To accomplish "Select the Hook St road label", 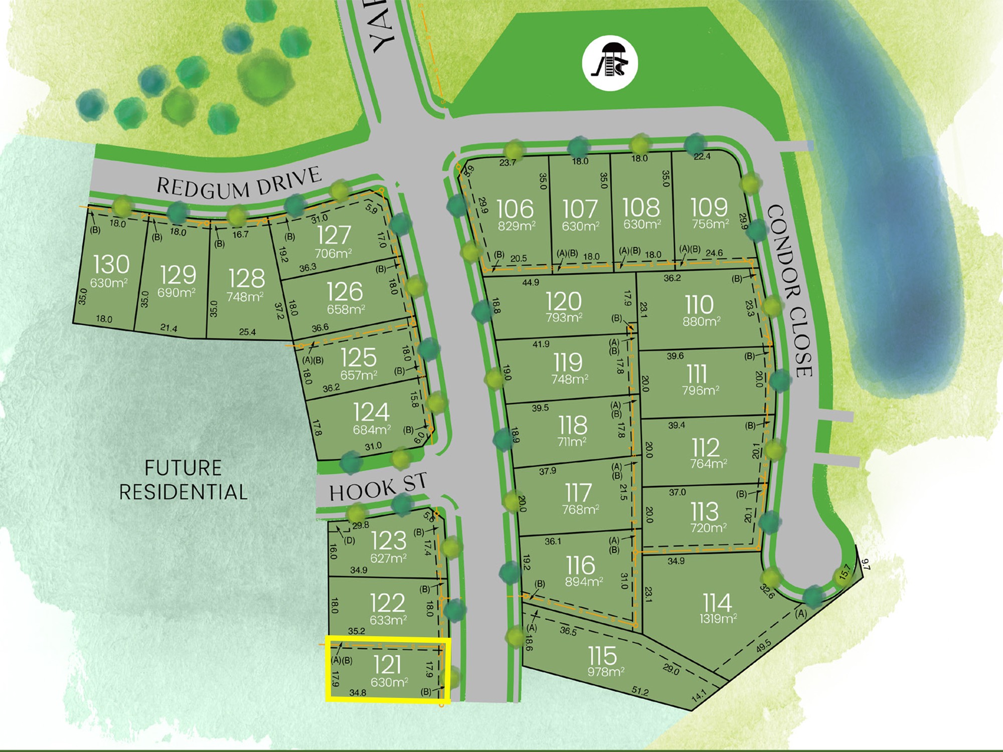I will tap(378, 488).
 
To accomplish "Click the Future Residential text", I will tap(183, 480).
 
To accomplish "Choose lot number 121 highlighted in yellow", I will tap(388, 665).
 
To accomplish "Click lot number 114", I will tap(717, 603).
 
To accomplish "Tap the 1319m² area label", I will tap(718, 619).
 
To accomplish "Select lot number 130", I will tap(111, 264).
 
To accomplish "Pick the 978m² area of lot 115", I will tap(606, 672).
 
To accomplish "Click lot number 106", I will tap(516, 209).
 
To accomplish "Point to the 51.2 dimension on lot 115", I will tap(640, 692).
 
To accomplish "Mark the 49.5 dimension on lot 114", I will tap(764, 646).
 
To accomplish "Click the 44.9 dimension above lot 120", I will tap(531, 283).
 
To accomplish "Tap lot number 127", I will tap(334, 235).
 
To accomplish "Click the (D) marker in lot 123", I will tap(350, 540).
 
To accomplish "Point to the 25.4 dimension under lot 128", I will tap(247, 332).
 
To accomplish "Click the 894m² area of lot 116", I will tap(584, 582).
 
